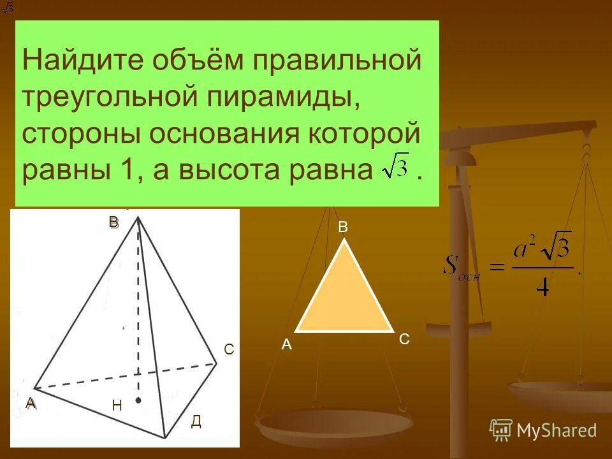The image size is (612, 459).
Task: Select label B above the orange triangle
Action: [x=343, y=227]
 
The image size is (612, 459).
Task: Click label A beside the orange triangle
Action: [x=287, y=344]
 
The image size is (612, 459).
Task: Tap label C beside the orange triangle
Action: [x=404, y=340]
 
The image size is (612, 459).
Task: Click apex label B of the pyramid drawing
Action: [x=113, y=222]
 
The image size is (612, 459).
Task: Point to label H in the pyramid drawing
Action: [x=117, y=405]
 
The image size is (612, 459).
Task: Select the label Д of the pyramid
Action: [x=196, y=421]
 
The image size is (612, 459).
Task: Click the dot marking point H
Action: [x=138, y=400]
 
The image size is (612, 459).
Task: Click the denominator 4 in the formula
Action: [x=542, y=288]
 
